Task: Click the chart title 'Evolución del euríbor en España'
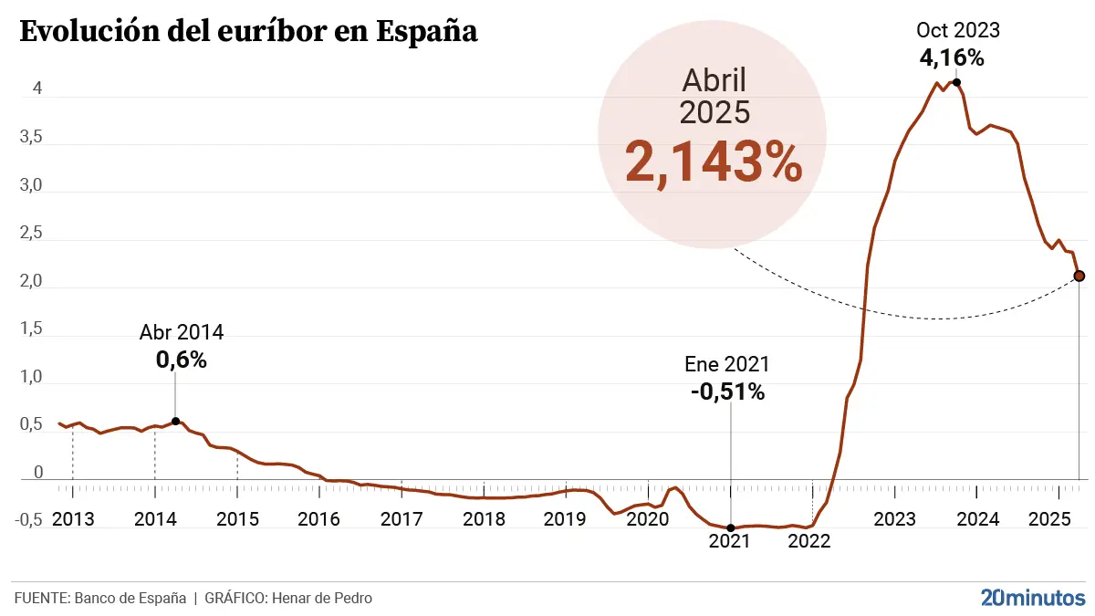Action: point(248,31)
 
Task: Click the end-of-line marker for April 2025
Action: point(1079,276)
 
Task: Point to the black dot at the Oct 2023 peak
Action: point(956,82)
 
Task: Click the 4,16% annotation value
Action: point(952,58)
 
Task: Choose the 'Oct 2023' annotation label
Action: point(957,30)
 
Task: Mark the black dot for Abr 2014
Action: point(175,421)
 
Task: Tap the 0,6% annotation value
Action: point(182,360)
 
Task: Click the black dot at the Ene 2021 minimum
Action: point(730,527)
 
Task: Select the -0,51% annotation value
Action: point(727,392)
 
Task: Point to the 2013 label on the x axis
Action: point(73,519)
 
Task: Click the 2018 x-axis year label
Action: point(484,519)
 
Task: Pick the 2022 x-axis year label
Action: point(808,540)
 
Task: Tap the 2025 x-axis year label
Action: point(1049,519)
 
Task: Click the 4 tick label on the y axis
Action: point(37,89)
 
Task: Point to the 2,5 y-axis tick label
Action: point(32,233)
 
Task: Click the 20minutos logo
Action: point(1033,598)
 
